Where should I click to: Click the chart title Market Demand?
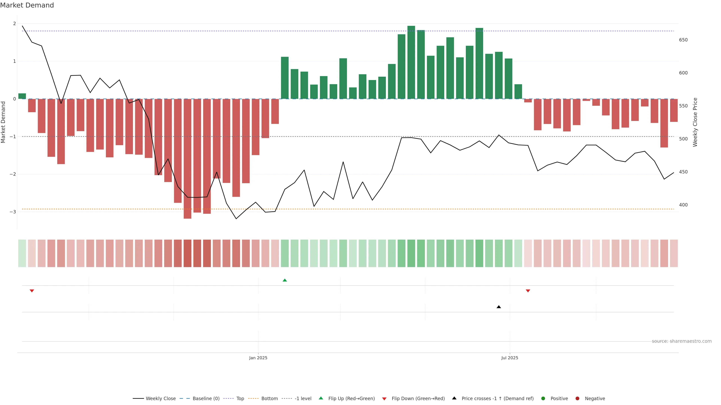pyautogui.click(x=27, y=5)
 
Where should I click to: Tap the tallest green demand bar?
pyautogui.click(x=411, y=62)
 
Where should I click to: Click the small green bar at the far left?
pyautogui.click(x=22, y=96)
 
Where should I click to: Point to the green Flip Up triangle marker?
pyautogui.click(x=285, y=280)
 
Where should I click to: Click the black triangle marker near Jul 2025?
pyautogui.click(x=499, y=307)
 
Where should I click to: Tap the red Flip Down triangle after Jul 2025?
pyautogui.click(x=528, y=291)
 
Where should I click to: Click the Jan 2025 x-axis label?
pyautogui.click(x=258, y=358)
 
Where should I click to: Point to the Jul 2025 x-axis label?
pyautogui.click(x=509, y=358)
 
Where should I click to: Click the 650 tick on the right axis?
pyautogui.click(x=683, y=40)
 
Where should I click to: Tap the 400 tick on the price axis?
pyautogui.click(x=683, y=205)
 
